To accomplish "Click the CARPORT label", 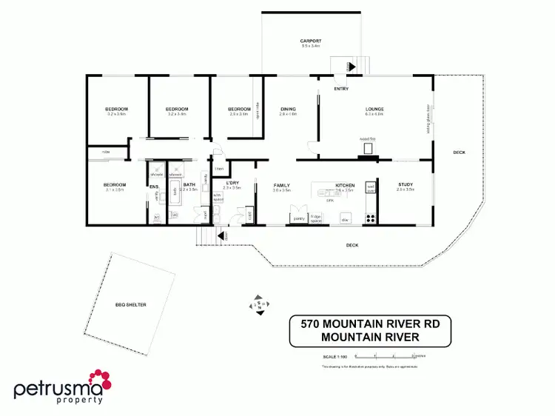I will click(x=310, y=41).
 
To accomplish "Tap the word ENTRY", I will click(x=341, y=89).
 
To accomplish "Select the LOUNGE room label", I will click(x=374, y=110).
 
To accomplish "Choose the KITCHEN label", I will click(x=346, y=185).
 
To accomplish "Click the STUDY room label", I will click(x=405, y=185).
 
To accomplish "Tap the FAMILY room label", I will click(x=281, y=185).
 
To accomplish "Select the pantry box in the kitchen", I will click(x=299, y=218).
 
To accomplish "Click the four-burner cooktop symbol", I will click(x=370, y=218).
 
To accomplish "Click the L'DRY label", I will click(x=232, y=184).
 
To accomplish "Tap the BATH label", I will click(x=189, y=184).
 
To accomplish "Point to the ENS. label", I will click(x=155, y=187).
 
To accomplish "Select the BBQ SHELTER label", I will click(x=130, y=304).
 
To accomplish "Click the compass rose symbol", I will click(x=260, y=304).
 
